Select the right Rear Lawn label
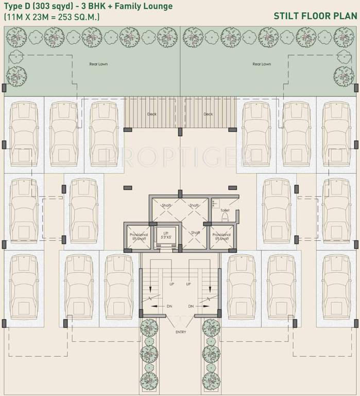pos(262,64)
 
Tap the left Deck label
pos(151,114)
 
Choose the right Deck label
pos(208,114)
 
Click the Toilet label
pos(225,211)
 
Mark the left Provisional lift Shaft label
pos(139,237)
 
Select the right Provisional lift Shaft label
pos(221,237)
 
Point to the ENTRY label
pos(180,332)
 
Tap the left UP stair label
pos(172,284)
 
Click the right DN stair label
pos(191,306)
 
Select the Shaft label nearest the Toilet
pos(194,206)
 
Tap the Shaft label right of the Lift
pos(195,233)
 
